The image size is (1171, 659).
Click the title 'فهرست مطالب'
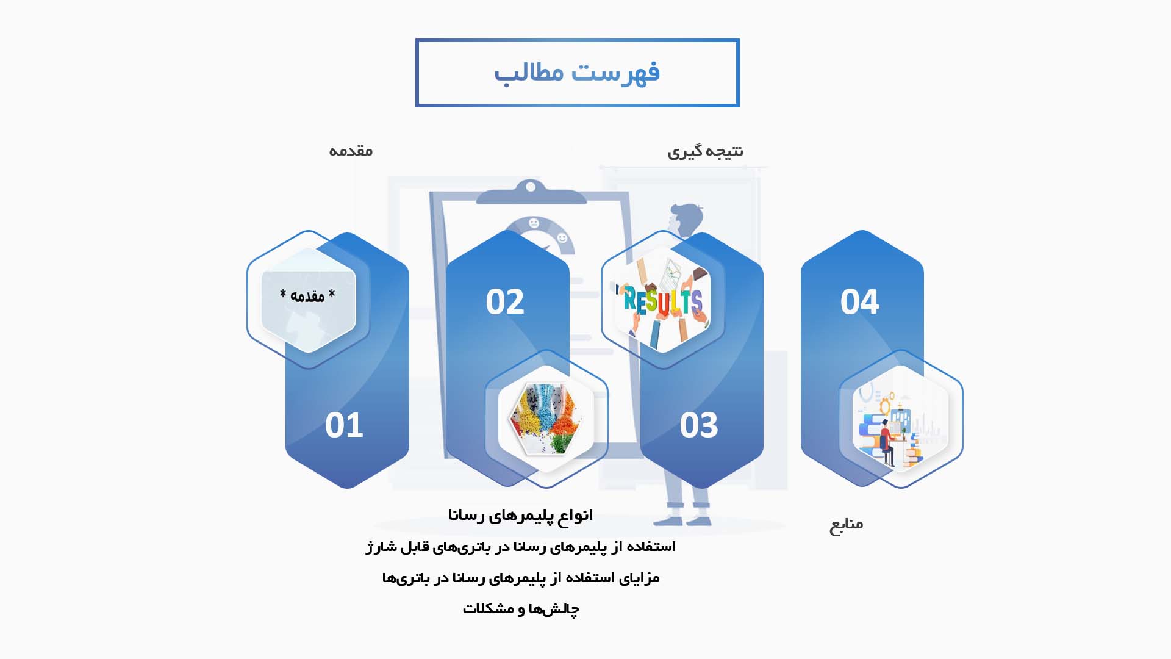click(577, 73)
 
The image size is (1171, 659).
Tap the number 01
click(344, 425)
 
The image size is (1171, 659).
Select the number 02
click(505, 301)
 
